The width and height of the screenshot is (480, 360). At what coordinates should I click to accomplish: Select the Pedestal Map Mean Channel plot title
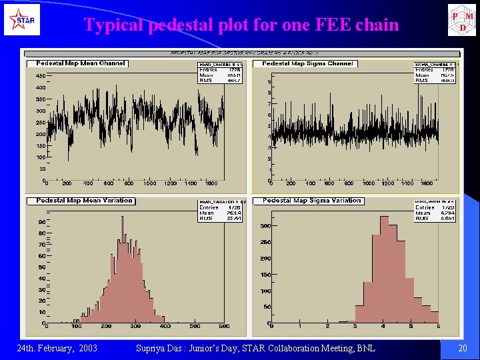click(77, 63)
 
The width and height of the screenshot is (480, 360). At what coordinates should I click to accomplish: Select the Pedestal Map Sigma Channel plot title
click(307, 63)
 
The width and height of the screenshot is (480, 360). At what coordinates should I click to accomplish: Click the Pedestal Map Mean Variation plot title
click(84, 200)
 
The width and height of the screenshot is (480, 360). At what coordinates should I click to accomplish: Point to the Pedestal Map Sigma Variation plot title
click(311, 200)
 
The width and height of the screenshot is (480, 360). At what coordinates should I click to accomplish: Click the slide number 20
click(463, 348)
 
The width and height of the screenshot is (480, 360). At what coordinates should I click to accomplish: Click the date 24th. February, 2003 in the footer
click(57, 348)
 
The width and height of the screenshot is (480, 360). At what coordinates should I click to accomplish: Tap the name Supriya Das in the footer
click(159, 348)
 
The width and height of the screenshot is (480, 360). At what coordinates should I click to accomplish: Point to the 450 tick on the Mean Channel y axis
click(40, 75)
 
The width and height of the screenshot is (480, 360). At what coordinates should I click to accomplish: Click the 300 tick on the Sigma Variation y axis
click(265, 226)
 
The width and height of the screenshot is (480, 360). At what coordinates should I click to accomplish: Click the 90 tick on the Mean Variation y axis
click(41, 222)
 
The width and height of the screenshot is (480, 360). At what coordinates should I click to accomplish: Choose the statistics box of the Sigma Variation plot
click(435, 209)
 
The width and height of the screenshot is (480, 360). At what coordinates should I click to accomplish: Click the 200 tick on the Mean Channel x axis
click(67, 183)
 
